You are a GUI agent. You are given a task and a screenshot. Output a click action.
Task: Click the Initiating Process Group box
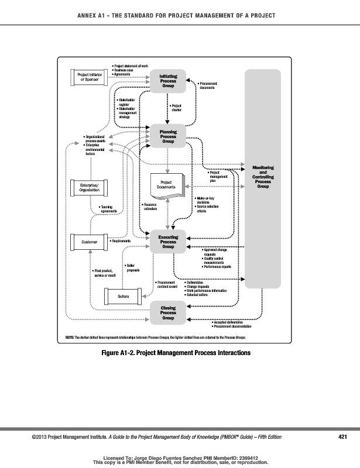(x=168, y=81)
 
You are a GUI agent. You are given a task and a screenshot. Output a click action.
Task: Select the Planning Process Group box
(x=168, y=136)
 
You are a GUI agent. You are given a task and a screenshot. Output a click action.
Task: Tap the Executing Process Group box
(x=168, y=242)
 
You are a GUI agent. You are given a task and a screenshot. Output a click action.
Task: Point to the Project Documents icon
(x=168, y=185)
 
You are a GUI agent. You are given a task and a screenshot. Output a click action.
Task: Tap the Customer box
(x=90, y=241)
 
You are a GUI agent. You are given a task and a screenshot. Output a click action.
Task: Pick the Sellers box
(x=123, y=297)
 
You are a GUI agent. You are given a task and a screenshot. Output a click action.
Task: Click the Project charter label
(x=176, y=108)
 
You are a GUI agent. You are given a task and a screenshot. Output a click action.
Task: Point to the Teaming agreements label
(x=109, y=208)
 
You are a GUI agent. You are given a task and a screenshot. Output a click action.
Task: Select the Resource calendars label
(x=151, y=206)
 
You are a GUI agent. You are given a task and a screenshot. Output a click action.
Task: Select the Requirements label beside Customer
(x=121, y=241)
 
